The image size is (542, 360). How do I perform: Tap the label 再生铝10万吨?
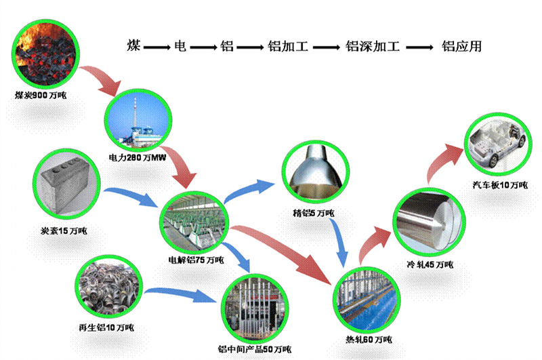point(106,328)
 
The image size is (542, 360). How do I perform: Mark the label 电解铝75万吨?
point(197,260)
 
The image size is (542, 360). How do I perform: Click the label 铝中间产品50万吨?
point(255,348)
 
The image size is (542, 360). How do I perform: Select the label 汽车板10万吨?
point(500,185)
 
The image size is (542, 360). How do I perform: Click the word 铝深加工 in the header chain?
point(373,47)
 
